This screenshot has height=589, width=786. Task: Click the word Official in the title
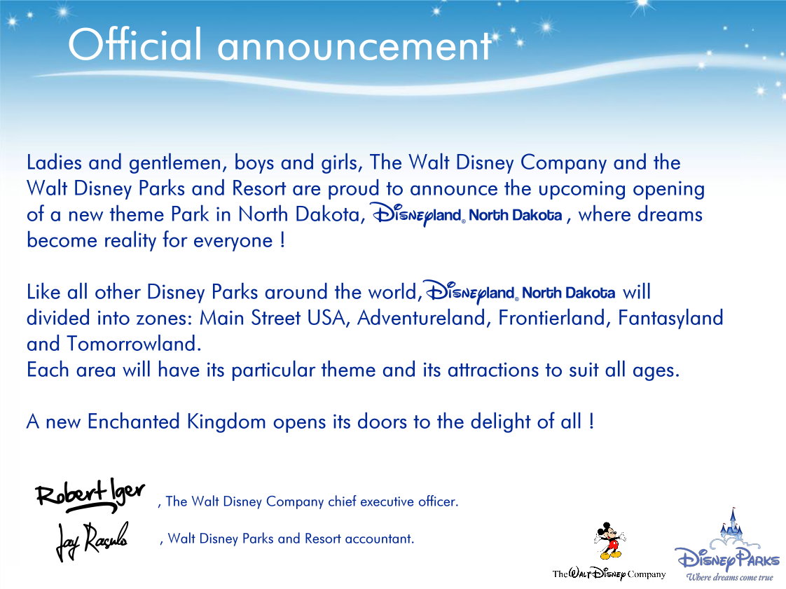pos(135,45)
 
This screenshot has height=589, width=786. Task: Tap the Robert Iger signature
pos(90,495)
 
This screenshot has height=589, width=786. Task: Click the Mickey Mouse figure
pos(609,541)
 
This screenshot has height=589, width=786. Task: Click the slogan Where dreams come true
pos(729,578)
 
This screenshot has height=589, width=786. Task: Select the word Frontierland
pos(554,318)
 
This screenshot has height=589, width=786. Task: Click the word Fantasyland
pos(670,318)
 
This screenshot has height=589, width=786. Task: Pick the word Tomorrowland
pos(134,344)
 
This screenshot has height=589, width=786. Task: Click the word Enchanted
pos(133,422)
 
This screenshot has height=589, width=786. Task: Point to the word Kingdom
pos(226,422)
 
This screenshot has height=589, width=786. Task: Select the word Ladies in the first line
pos(54,162)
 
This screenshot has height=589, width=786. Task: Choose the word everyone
pos(233,241)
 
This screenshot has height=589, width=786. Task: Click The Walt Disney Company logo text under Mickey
pos(609,574)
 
